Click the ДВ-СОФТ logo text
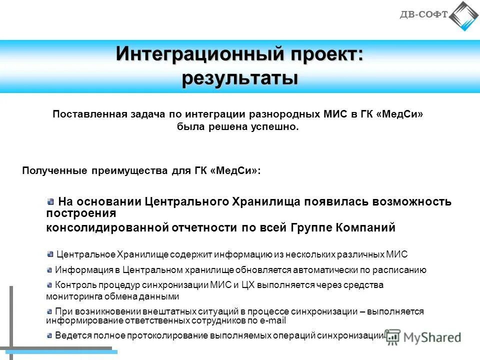(423, 14)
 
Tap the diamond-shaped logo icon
(463, 16)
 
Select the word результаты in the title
(239, 78)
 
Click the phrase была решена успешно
(237, 127)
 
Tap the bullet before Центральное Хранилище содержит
(50, 254)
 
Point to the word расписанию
(401, 270)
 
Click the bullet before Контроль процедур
(49, 285)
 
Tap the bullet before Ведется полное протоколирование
(49, 335)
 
